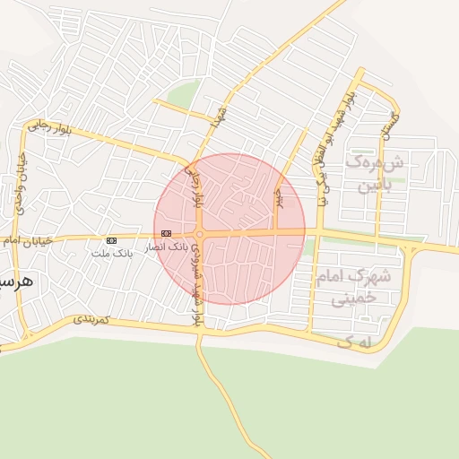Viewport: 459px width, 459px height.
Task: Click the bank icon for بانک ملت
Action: pyautogui.click(x=111, y=240)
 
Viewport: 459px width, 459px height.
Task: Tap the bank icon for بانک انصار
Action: pyautogui.click(x=166, y=233)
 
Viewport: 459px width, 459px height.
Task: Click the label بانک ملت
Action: pyautogui.click(x=111, y=254)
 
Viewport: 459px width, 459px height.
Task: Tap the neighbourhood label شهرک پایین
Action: pyautogui.click(x=377, y=174)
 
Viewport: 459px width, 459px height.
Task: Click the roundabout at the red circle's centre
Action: pyautogui.click(x=200, y=234)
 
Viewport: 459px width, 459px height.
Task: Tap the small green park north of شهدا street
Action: pyautogui.click(x=185, y=93)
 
